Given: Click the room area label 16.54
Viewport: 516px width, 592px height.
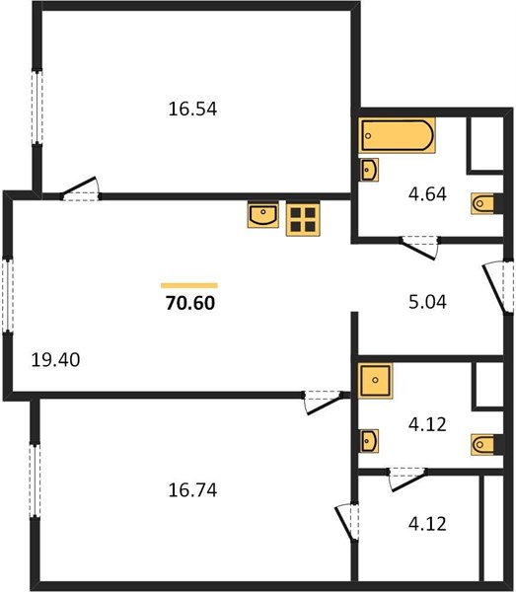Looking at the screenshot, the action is click(x=192, y=110).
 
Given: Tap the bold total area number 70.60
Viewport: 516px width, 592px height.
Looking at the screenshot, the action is click(x=190, y=303).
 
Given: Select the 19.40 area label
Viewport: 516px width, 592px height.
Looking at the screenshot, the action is click(x=55, y=360).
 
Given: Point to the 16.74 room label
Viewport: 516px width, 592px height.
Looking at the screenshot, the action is click(x=192, y=490).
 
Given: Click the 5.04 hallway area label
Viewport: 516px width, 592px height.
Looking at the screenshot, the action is click(x=427, y=302).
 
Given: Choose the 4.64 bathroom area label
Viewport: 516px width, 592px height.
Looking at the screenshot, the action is click(x=427, y=194).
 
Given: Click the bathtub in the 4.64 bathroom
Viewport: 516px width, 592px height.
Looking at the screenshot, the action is click(x=397, y=135).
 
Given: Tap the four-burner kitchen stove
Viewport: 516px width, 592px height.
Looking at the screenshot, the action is click(x=303, y=219).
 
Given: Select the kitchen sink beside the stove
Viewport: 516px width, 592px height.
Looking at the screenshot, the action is click(x=263, y=215).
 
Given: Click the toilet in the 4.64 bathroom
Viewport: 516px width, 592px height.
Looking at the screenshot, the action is click(x=483, y=204).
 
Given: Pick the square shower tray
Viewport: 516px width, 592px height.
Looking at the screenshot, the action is click(x=375, y=381).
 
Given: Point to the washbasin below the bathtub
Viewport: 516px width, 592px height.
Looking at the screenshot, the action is click(x=368, y=170).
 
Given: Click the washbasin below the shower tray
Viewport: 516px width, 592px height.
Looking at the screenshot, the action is click(x=368, y=441).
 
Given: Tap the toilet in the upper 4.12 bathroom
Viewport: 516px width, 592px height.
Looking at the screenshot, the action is click(x=483, y=444).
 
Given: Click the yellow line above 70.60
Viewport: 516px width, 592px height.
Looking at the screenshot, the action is click(x=189, y=286).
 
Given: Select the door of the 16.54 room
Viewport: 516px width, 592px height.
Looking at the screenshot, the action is click(x=80, y=188).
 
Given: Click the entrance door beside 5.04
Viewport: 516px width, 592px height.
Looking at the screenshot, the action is click(x=498, y=287).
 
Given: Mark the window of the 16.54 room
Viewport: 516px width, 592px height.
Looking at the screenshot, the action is click(x=37, y=107).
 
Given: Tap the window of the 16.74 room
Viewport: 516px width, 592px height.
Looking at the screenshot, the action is click(x=35, y=481).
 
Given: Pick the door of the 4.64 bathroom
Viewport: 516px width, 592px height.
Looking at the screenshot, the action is click(x=419, y=248).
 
